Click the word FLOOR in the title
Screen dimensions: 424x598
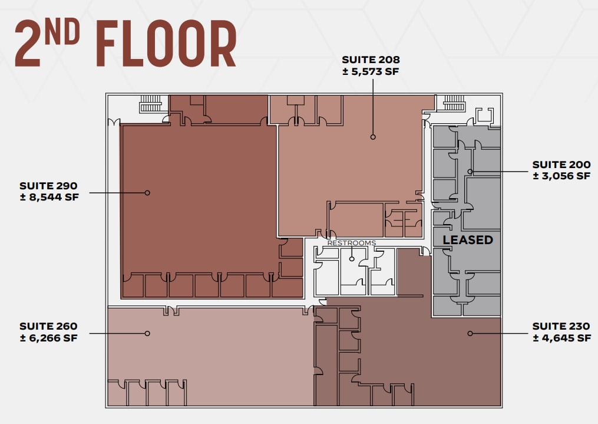(166, 44)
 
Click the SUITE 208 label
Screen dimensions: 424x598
(371, 60)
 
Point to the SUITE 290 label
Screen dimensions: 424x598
(48, 186)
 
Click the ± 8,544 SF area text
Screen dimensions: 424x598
(48, 198)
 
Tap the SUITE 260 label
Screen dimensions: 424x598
(48, 326)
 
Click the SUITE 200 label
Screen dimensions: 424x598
(561, 165)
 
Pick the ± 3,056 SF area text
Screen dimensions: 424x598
(561, 176)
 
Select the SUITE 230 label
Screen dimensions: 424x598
(561, 326)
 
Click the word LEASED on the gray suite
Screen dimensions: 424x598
(468, 240)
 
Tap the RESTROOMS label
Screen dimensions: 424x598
(351, 243)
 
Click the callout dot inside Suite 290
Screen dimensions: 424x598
(147, 192)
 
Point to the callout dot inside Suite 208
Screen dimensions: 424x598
(373, 137)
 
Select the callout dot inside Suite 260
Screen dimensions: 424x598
(147, 333)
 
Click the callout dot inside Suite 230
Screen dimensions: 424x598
(470, 333)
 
